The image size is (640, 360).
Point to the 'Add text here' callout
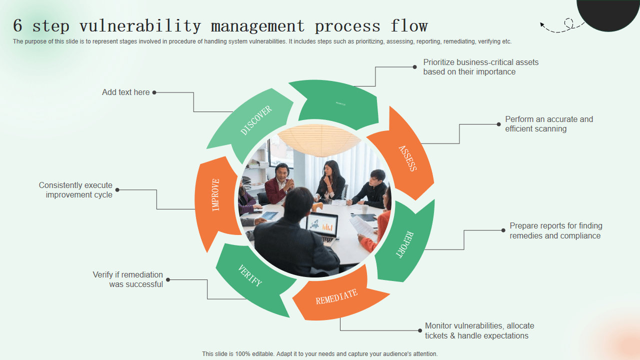tap(125, 92)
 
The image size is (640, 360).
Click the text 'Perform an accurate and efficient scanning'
tap(548, 124)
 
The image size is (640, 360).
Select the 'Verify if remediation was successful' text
tap(128, 279)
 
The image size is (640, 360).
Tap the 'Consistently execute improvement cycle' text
tap(76, 190)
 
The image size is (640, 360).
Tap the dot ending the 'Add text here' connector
tap(154, 92)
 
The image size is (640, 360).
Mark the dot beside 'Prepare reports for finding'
tap(503, 230)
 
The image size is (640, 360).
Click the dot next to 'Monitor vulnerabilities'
tap(419, 330)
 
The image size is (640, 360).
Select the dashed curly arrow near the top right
tap(562, 26)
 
